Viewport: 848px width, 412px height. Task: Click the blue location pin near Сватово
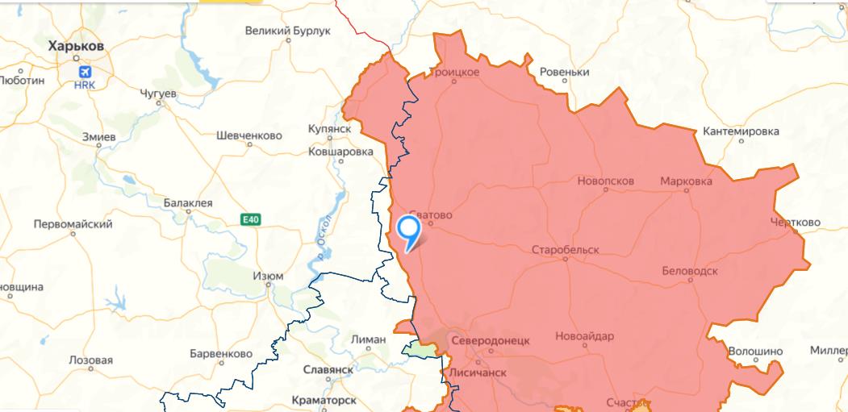click(410, 231)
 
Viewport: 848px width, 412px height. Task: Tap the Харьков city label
click(76, 47)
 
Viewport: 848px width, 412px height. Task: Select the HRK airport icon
click(84, 73)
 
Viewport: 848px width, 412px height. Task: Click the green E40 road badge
click(250, 219)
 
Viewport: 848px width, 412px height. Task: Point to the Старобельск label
click(565, 250)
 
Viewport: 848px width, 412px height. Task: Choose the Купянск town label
click(329, 129)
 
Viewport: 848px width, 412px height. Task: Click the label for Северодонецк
click(491, 341)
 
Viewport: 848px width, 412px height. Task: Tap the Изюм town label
click(268, 276)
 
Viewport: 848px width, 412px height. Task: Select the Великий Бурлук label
click(288, 31)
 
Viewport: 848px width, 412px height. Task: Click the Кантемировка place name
click(741, 131)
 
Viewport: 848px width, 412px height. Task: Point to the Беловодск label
click(689, 271)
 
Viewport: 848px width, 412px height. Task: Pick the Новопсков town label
click(605, 181)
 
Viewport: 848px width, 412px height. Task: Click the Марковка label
click(686, 181)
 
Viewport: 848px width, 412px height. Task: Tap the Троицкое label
click(453, 73)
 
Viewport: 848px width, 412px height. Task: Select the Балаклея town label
click(188, 203)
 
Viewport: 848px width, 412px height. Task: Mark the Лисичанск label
click(477, 373)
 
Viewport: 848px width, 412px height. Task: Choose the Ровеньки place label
click(564, 73)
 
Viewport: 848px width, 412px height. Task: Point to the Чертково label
click(795, 223)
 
